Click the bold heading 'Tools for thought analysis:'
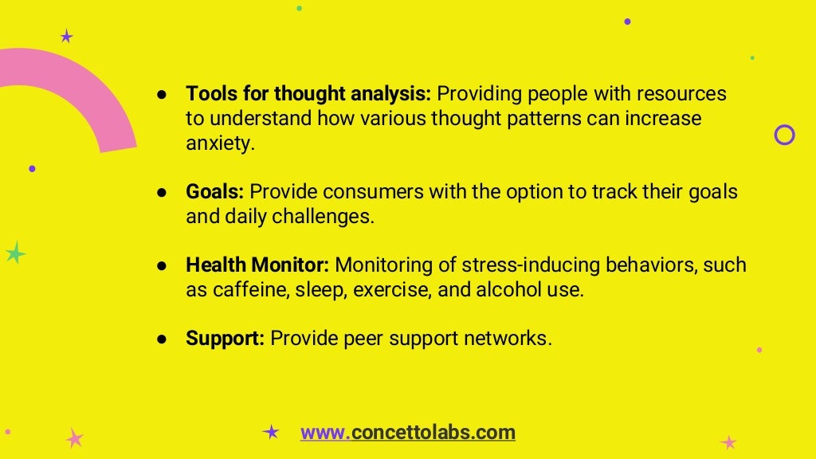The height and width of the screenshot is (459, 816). pyautogui.click(x=308, y=94)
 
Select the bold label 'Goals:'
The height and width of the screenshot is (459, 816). pyautogui.click(x=215, y=192)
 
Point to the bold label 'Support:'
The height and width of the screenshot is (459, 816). pyautogui.click(x=226, y=339)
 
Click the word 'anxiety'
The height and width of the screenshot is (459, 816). pyautogui.click(x=218, y=143)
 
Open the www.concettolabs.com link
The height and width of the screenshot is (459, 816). pyautogui.click(x=407, y=433)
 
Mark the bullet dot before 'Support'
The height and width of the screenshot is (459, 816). pyautogui.click(x=161, y=339)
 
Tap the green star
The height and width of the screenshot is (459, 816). pyautogui.click(x=14, y=253)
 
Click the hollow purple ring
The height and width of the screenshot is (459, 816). pyautogui.click(x=784, y=135)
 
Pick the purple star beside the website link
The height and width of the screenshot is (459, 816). pyautogui.click(x=271, y=432)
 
